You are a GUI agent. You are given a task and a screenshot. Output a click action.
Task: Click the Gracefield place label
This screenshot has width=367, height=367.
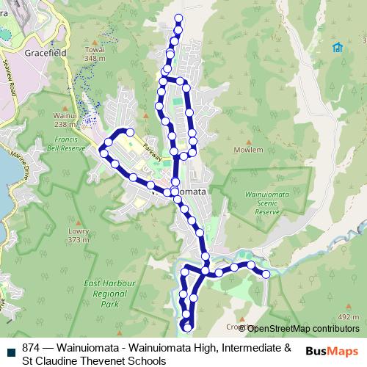[x=46, y=54]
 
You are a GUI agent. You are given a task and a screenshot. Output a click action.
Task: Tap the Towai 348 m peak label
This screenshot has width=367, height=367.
[x=95, y=54]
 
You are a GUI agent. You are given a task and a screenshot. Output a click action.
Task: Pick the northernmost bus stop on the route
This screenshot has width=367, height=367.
[x=178, y=17]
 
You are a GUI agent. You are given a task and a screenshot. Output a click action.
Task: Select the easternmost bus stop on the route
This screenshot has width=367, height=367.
[x=266, y=274]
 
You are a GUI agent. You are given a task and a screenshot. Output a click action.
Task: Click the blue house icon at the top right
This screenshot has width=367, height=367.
[x=337, y=48]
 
